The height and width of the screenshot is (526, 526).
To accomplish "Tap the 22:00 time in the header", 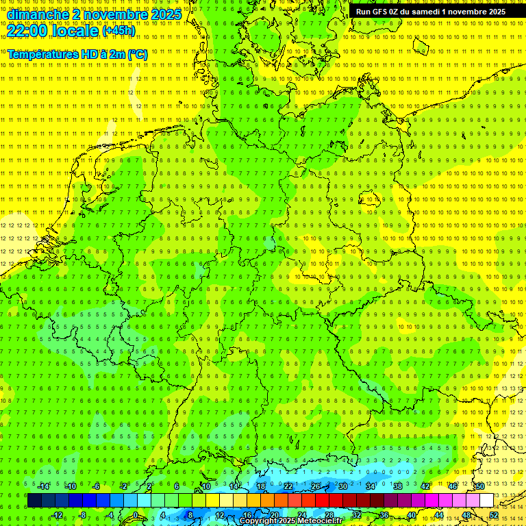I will point(27,31).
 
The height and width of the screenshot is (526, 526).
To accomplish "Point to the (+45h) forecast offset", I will point(118,31).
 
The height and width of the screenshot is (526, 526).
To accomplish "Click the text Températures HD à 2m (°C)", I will point(77,54).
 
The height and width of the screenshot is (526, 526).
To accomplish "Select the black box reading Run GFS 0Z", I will point(430,12).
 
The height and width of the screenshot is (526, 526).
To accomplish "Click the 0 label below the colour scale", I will point(136,515).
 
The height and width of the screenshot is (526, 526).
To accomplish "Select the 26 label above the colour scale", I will point(315,486).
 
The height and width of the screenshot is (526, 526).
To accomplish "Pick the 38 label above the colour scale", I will point(398,486).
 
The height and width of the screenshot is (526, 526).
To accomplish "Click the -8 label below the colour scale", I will point(82,515).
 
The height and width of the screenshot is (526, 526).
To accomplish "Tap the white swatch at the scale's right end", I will point(486,500).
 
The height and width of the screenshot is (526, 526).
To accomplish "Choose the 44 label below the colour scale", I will point(439,515).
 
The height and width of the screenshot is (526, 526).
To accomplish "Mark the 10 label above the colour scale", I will point(206,486).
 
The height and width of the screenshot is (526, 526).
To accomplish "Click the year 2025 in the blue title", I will point(165,14).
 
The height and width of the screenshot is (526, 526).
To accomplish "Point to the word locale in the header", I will point(75,31).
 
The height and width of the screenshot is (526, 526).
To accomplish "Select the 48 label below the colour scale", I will point(466,515).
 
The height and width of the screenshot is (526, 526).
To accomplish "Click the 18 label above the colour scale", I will point(261,486).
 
